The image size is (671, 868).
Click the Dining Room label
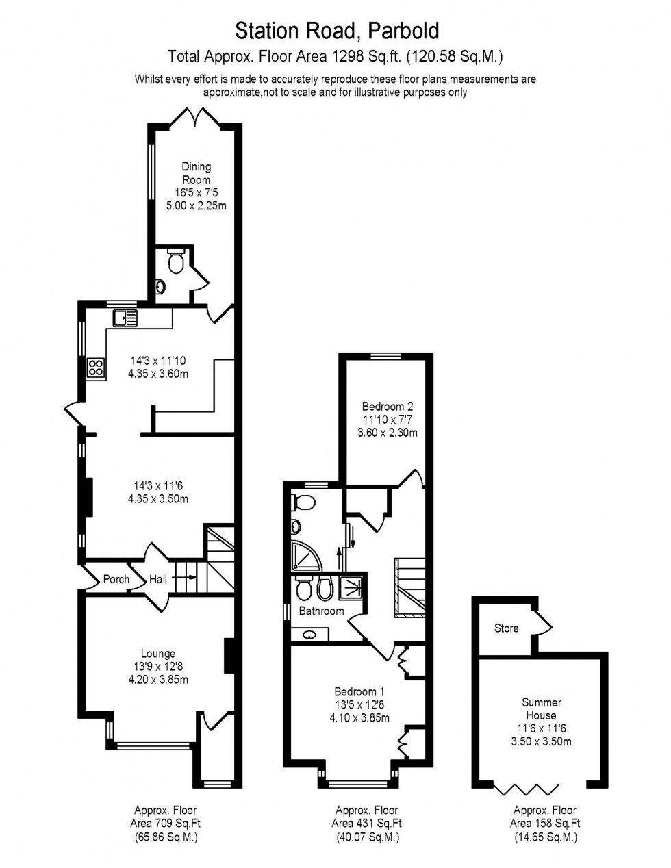point(196,173)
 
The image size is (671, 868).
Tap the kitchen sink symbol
point(126,317)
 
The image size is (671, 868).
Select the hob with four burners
point(95,368)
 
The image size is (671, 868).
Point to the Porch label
point(116,579)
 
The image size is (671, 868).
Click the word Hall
point(158,579)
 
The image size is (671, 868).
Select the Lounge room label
point(158,654)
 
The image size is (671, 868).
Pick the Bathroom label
point(321,611)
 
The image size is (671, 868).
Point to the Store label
point(506,628)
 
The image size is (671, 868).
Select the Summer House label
point(541,709)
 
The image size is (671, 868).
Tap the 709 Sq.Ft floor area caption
point(165,824)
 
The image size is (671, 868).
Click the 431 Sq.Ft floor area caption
point(366,824)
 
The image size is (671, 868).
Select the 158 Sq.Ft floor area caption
point(544,824)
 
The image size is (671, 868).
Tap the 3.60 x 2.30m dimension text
point(388,433)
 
